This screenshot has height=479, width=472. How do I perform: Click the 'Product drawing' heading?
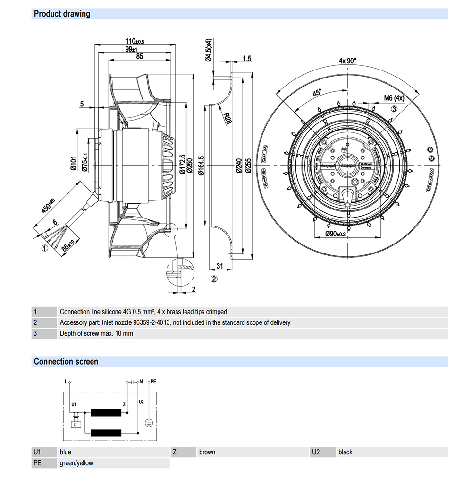[62, 14]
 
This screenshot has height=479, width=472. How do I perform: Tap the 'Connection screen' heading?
[66, 362]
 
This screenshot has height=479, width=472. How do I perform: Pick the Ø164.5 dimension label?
[202, 166]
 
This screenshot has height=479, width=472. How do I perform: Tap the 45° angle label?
[315, 93]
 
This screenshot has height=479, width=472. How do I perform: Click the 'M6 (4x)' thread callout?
[394, 98]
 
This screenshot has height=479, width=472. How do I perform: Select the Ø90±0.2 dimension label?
[335, 234]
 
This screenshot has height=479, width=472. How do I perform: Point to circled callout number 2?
[214, 279]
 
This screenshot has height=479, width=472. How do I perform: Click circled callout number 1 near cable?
[43, 247]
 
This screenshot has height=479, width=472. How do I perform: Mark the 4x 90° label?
[348, 61]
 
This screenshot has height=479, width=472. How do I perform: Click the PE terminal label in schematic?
[152, 381]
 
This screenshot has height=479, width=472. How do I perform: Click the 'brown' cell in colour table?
[207, 452]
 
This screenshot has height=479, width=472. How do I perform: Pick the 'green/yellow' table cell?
[76, 463]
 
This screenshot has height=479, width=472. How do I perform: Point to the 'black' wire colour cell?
[346, 452]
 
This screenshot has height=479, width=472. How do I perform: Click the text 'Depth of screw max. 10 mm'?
[96, 333]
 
